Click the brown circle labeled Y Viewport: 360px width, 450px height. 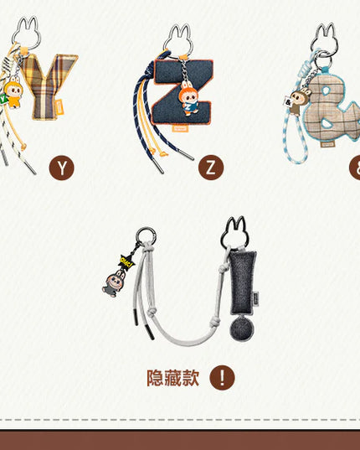point(61,168)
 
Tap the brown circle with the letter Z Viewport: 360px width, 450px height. point(211,168)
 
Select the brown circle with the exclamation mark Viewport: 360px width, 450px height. point(222,378)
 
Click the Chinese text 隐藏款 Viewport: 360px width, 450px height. point(172,378)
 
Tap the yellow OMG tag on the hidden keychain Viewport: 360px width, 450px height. point(127,260)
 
